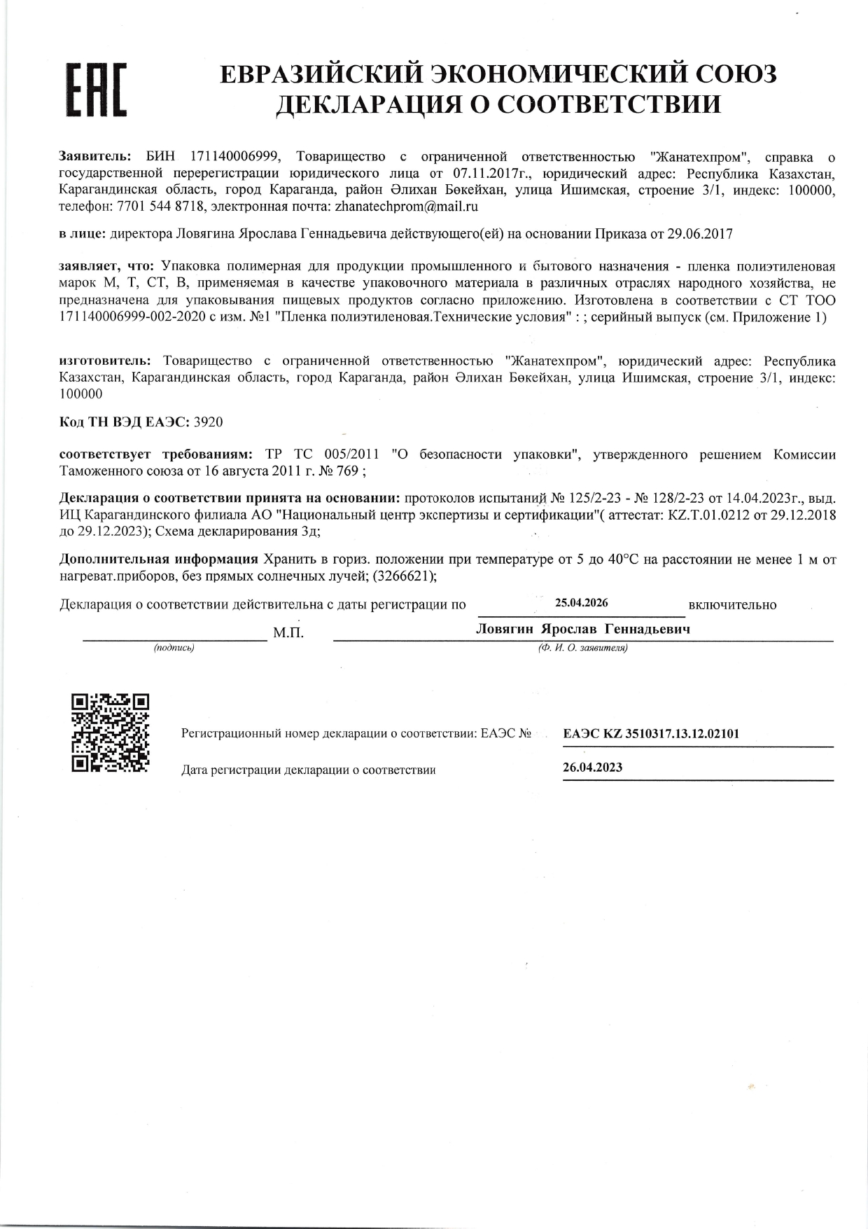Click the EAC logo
pos(96,89)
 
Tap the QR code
pos(111,732)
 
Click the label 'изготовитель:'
pos(104,361)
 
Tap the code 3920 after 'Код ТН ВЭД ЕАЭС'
pos(208,422)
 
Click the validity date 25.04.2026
pos(581,603)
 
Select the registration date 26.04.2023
pos(592,767)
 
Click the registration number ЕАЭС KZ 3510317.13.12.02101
pos(651,733)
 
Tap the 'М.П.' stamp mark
pos(288,633)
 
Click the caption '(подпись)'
pos(174,648)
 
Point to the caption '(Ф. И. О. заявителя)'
pos(582,648)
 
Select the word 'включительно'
pos(732,605)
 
